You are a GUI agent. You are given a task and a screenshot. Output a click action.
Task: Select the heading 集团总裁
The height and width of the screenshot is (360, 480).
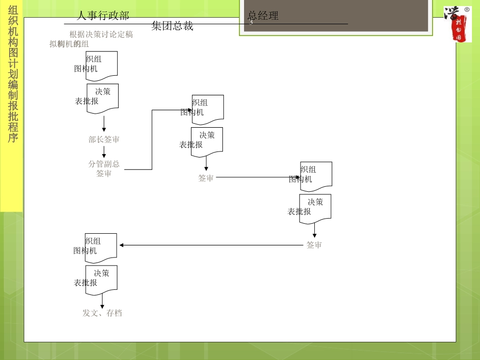pyautogui.click(x=172, y=26)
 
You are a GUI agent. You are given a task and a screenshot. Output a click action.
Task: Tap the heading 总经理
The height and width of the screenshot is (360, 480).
pyautogui.click(x=263, y=16)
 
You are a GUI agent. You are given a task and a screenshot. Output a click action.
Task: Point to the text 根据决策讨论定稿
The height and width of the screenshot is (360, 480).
pyautogui.click(x=101, y=34)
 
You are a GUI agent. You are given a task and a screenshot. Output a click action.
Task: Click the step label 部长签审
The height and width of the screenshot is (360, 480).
pyautogui.click(x=104, y=139)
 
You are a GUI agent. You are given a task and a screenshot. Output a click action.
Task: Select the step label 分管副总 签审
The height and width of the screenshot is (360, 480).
pyautogui.click(x=104, y=169)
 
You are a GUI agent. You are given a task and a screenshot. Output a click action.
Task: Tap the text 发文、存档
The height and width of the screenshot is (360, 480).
pyautogui.click(x=102, y=313)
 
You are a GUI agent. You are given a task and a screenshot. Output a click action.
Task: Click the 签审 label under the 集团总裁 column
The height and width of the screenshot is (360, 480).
pyautogui.click(x=206, y=178)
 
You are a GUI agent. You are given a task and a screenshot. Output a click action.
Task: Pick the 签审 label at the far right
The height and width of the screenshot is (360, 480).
pyautogui.click(x=314, y=245)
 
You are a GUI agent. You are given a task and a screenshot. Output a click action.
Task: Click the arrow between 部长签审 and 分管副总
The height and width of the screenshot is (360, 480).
pyautogui.click(x=104, y=151)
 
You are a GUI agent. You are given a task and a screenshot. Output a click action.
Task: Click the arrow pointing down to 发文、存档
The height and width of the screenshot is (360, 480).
pyautogui.click(x=102, y=302)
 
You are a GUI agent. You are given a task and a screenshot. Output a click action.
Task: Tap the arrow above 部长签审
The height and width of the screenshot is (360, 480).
pyautogui.click(x=104, y=124)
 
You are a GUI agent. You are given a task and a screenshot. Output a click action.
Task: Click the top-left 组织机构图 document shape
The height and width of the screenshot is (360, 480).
pyautogui.click(x=102, y=66)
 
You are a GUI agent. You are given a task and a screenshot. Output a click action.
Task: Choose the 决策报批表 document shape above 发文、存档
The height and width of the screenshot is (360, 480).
pyautogui.click(x=101, y=279)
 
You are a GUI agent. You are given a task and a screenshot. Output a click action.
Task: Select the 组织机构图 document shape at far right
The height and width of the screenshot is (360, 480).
pyautogui.click(x=316, y=176)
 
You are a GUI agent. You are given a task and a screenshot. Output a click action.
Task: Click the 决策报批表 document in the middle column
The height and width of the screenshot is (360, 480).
pyautogui.click(x=207, y=141)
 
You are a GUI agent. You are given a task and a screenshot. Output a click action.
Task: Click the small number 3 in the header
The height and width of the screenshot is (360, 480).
pyautogui.click(x=251, y=22)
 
